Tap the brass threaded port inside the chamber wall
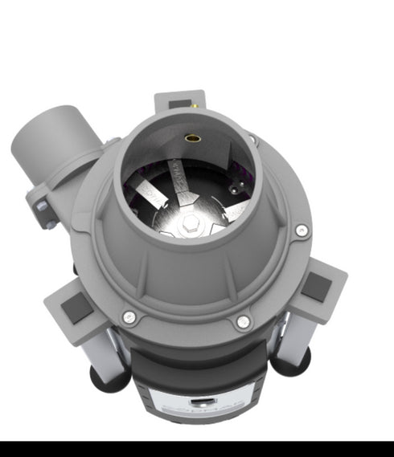tap(193, 138)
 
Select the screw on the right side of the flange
tap(301, 231)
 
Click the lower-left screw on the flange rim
tap(129, 318)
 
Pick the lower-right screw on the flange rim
tap(243, 322)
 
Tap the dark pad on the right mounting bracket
tap(314, 287)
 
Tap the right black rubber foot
tap(291, 363)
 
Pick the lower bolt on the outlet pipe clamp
tap(50, 226)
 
